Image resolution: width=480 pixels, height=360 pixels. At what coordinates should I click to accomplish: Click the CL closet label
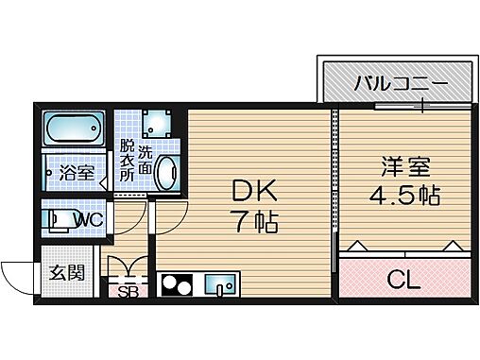pos(403,280)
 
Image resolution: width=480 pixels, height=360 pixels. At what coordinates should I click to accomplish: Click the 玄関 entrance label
pos(66,274)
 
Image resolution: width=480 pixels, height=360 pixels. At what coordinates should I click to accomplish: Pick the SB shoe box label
pos(128,291)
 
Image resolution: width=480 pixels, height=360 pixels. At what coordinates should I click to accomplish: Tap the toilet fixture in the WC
pos(59,220)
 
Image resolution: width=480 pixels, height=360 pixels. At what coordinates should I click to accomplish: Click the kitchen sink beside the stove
pos(222,283)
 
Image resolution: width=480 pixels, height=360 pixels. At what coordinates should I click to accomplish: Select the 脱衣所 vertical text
pos(126,162)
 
